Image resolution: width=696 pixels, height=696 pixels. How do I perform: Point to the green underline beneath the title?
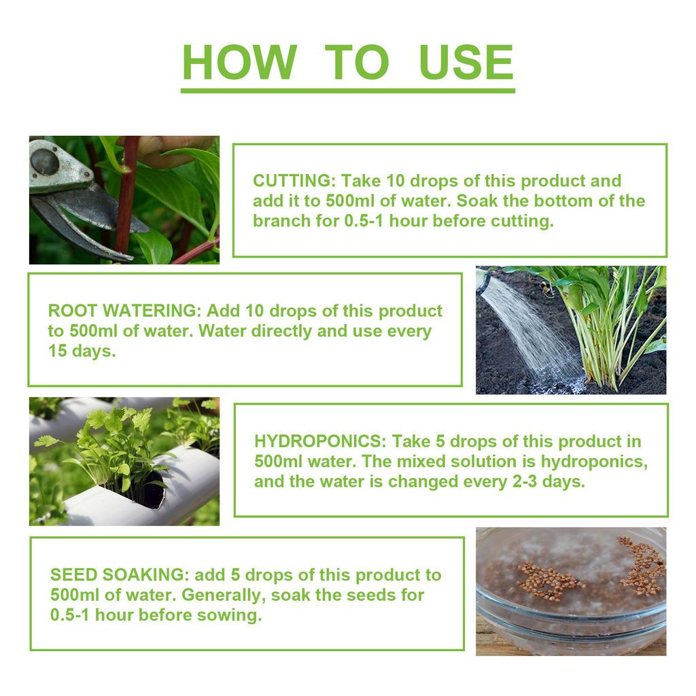(347, 90)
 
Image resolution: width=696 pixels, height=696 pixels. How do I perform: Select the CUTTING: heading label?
(294, 181)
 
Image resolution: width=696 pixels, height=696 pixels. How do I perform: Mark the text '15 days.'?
(82, 351)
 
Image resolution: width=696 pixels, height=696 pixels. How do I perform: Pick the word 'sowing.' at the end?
(234, 615)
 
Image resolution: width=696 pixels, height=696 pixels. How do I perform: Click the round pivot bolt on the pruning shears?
(46, 162)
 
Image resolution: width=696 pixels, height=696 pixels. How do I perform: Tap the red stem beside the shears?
(126, 197)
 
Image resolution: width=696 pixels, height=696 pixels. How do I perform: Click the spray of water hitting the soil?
(530, 333)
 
